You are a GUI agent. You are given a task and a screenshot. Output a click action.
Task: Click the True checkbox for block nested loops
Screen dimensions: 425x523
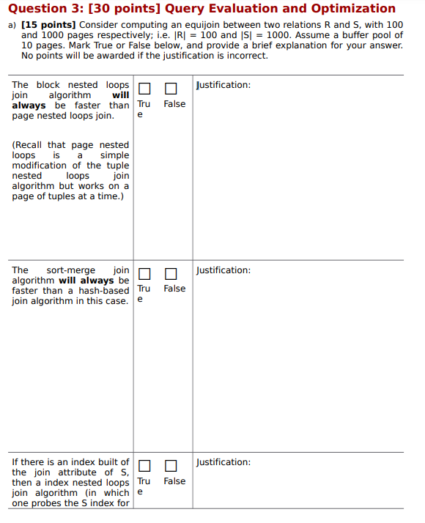[x=144, y=89]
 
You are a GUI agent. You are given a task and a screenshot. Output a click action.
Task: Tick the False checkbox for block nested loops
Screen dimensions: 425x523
[x=171, y=89]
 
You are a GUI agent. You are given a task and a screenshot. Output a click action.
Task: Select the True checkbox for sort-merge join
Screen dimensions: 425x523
[x=144, y=274]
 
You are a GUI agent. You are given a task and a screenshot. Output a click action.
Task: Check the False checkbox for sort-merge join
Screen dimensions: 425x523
[x=171, y=274]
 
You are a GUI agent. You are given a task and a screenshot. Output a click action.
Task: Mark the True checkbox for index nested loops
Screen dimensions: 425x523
[x=144, y=466]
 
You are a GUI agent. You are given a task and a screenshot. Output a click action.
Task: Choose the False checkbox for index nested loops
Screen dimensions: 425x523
[x=171, y=466]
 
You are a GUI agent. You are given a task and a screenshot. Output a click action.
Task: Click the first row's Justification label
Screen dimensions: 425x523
[x=223, y=85]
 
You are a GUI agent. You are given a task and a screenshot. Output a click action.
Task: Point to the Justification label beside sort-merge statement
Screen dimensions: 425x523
[x=223, y=270]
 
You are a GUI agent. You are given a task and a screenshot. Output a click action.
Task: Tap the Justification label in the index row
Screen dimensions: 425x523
[x=223, y=462]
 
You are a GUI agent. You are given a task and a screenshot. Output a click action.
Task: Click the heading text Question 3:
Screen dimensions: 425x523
[x=48, y=9]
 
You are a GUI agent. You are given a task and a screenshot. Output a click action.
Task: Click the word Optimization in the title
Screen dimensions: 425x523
[x=353, y=9]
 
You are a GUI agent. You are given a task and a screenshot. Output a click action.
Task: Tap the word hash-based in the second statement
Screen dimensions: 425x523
[x=105, y=291]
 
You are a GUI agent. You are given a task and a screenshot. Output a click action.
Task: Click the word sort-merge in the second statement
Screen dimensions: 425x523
[x=71, y=270]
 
